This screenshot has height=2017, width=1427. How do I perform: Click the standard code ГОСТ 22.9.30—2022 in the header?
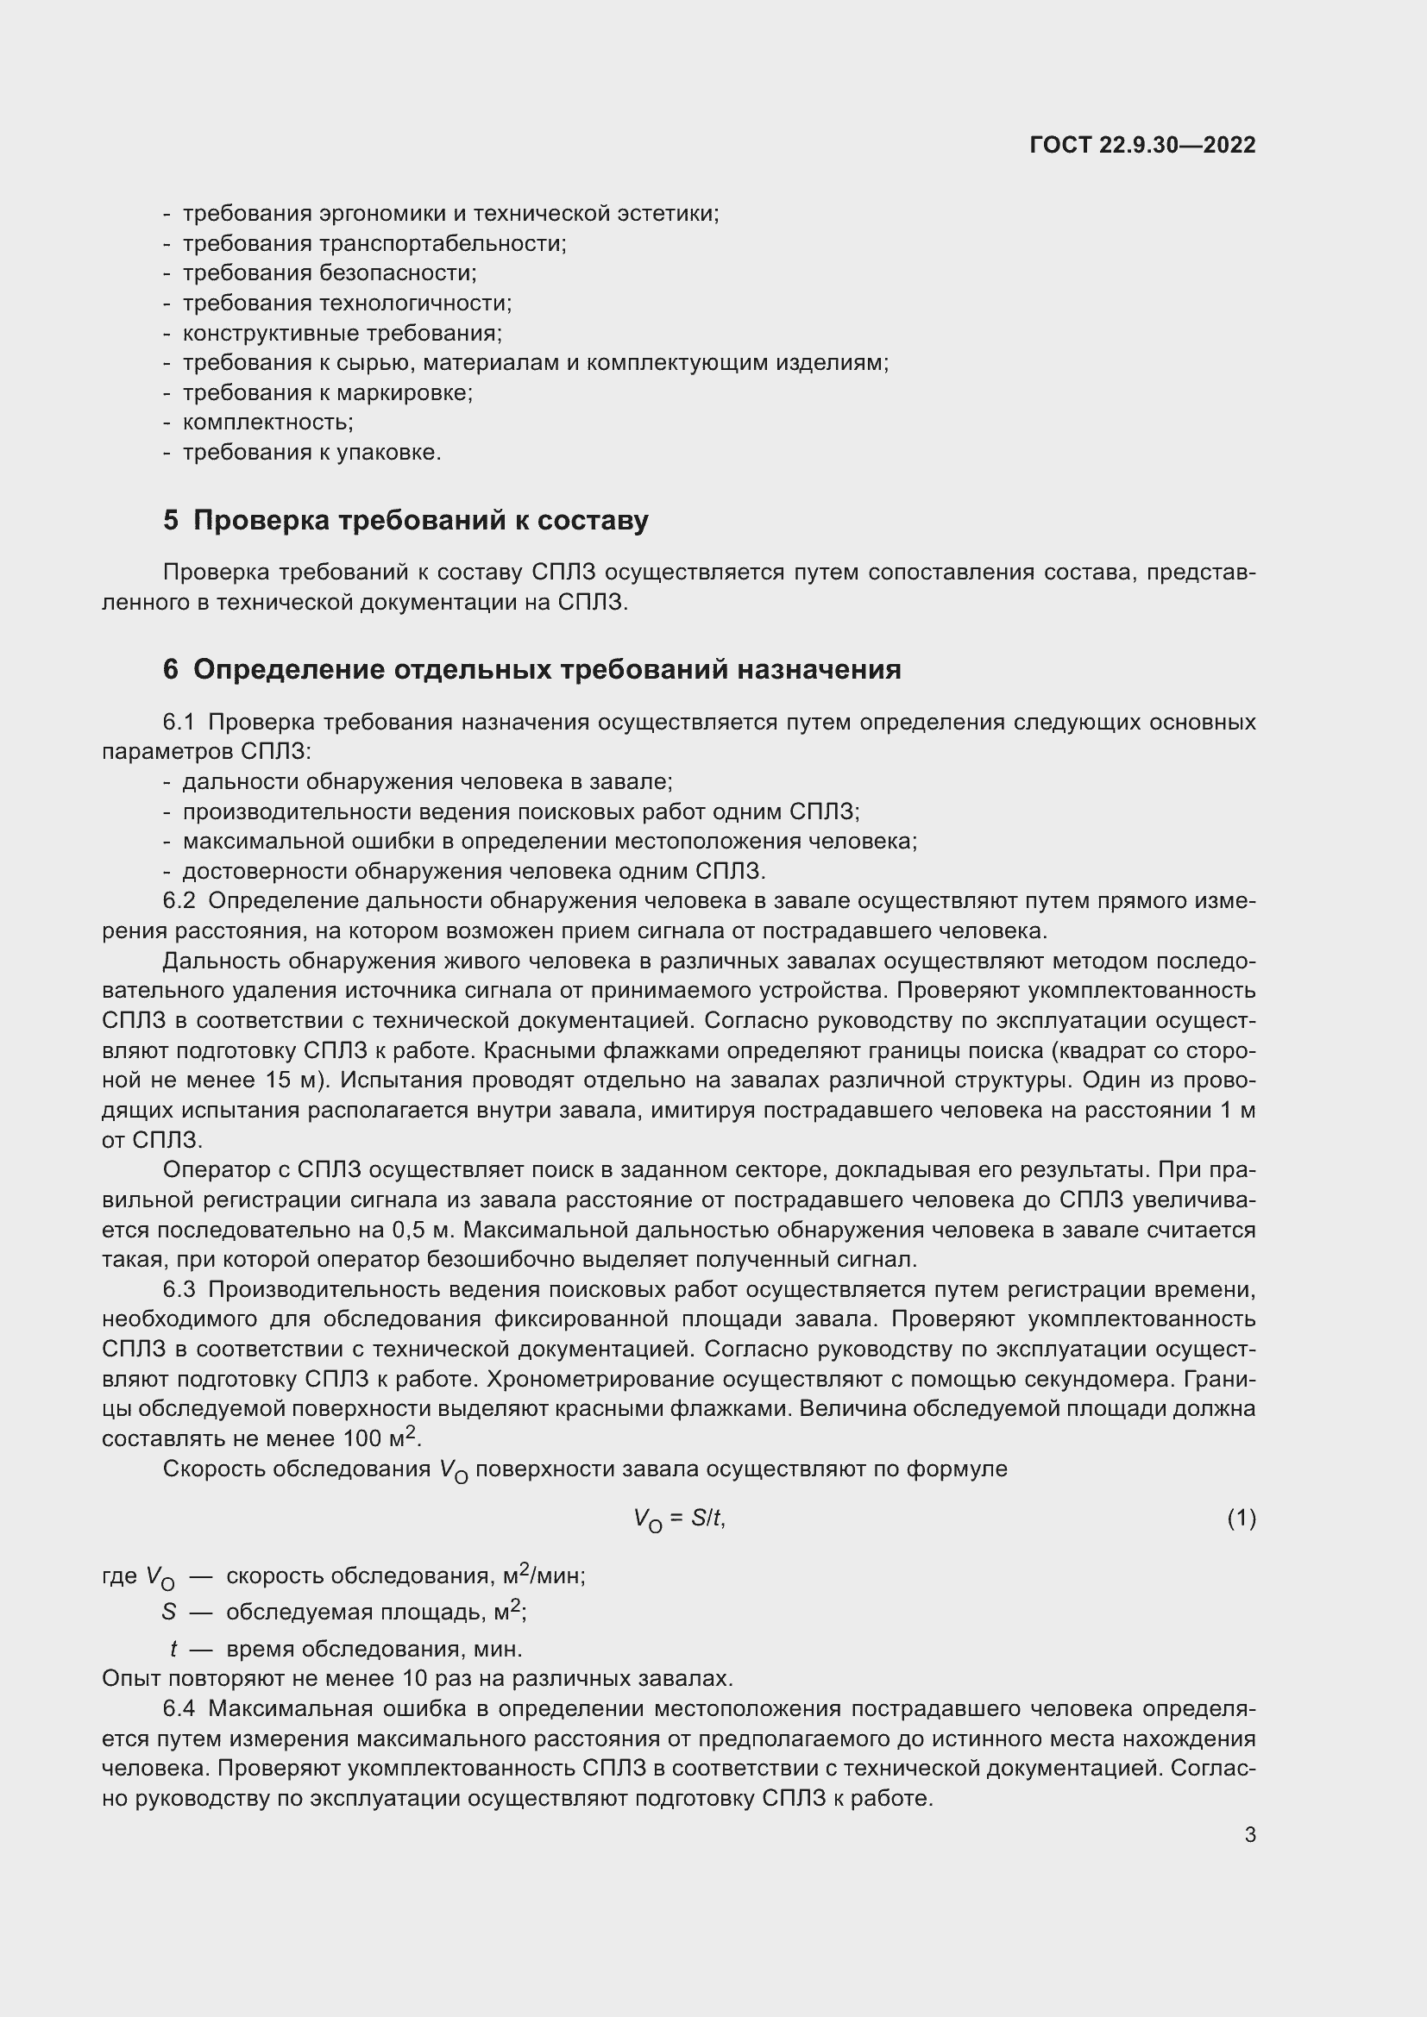1141,145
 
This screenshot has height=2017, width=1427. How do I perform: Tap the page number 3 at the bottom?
1249,1835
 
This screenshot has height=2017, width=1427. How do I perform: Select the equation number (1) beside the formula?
1241,1519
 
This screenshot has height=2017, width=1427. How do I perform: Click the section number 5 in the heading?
171,521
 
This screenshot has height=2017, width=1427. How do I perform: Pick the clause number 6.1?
179,723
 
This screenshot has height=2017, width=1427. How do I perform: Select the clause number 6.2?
179,902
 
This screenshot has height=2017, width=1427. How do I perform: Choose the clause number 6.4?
179,1708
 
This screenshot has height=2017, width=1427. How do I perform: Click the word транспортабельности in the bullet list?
441,244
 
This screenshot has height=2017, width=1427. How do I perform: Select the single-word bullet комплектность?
267,423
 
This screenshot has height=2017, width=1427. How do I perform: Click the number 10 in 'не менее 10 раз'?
414,1679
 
